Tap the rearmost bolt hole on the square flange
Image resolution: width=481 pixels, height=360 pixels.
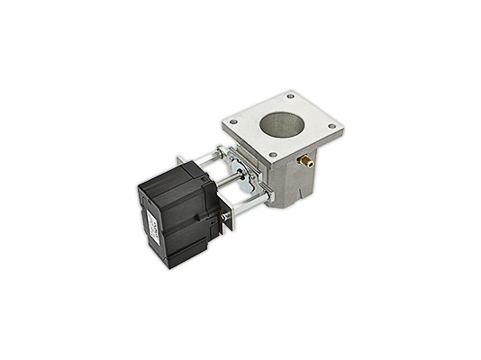point(290,95)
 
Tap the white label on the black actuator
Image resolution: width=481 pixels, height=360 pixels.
point(152,226)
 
